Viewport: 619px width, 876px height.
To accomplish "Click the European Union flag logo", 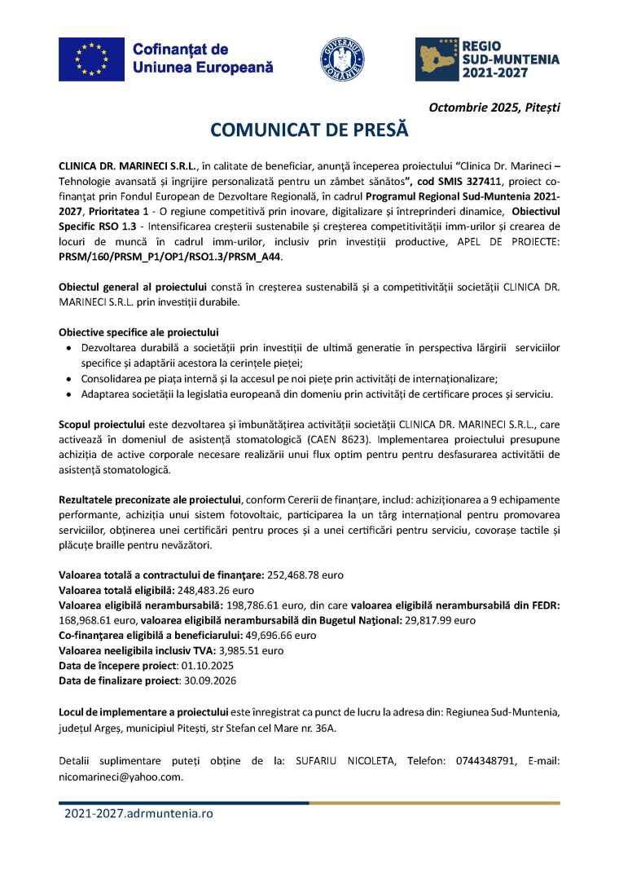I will tap(91, 59).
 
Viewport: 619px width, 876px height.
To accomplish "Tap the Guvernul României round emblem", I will tap(342, 59).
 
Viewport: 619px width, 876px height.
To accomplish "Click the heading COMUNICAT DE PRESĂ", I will tap(309, 130).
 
